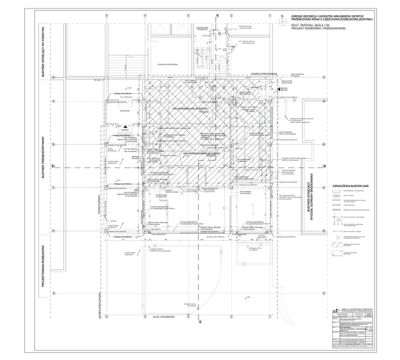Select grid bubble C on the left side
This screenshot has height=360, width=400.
tap(54, 188)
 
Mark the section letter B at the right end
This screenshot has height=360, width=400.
tap(324, 166)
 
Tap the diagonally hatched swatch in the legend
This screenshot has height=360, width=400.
tap(336, 245)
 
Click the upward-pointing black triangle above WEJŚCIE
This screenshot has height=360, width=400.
tap(126, 126)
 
